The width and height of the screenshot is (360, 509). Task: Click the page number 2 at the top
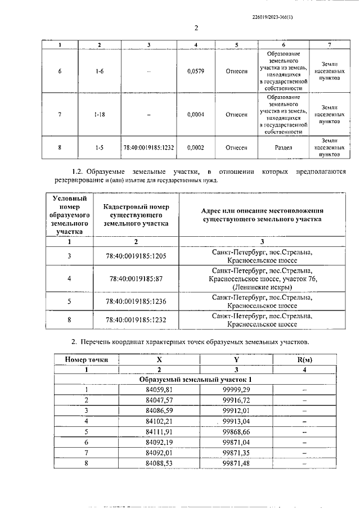[x=196, y=28]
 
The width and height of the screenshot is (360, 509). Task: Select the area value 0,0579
[x=195, y=71]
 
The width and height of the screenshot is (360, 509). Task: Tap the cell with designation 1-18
[x=99, y=115]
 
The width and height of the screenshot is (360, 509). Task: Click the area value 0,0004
[x=195, y=115]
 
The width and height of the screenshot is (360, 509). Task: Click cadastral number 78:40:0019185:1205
[x=136, y=257]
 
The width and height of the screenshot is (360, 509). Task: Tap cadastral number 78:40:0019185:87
[x=136, y=278]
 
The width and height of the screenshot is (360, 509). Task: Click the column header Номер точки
[x=87, y=360]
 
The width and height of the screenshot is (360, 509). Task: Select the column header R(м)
[x=304, y=360]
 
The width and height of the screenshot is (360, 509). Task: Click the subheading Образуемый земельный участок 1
[x=195, y=380]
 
